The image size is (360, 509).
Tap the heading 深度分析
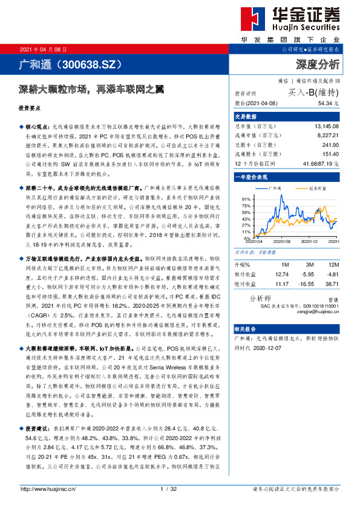pyautogui.click(x=316, y=63)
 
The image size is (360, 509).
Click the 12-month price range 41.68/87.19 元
pyautogui.click(x=316, y=163)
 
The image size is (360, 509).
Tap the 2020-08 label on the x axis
pyautogui.click(x=282, y=241)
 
